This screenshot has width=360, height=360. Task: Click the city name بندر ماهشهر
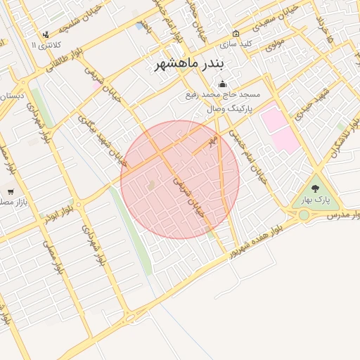[x=188, y=65]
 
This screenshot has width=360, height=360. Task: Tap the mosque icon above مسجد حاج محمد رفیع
[x=223, y=84]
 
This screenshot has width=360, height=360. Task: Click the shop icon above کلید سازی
[x=235, y=33]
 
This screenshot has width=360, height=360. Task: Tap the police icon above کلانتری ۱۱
[x=46, y=34]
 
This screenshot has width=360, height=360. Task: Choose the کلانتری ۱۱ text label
[x=46, y=45]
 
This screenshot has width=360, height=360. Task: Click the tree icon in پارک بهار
[x=314, y=188]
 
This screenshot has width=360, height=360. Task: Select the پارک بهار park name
[x=316, y=200]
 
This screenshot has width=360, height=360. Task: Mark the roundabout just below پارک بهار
[x=304, y=214]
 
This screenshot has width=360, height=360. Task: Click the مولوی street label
[x=274, y=44]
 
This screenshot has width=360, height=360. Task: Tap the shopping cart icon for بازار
[x=11, y=191]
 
